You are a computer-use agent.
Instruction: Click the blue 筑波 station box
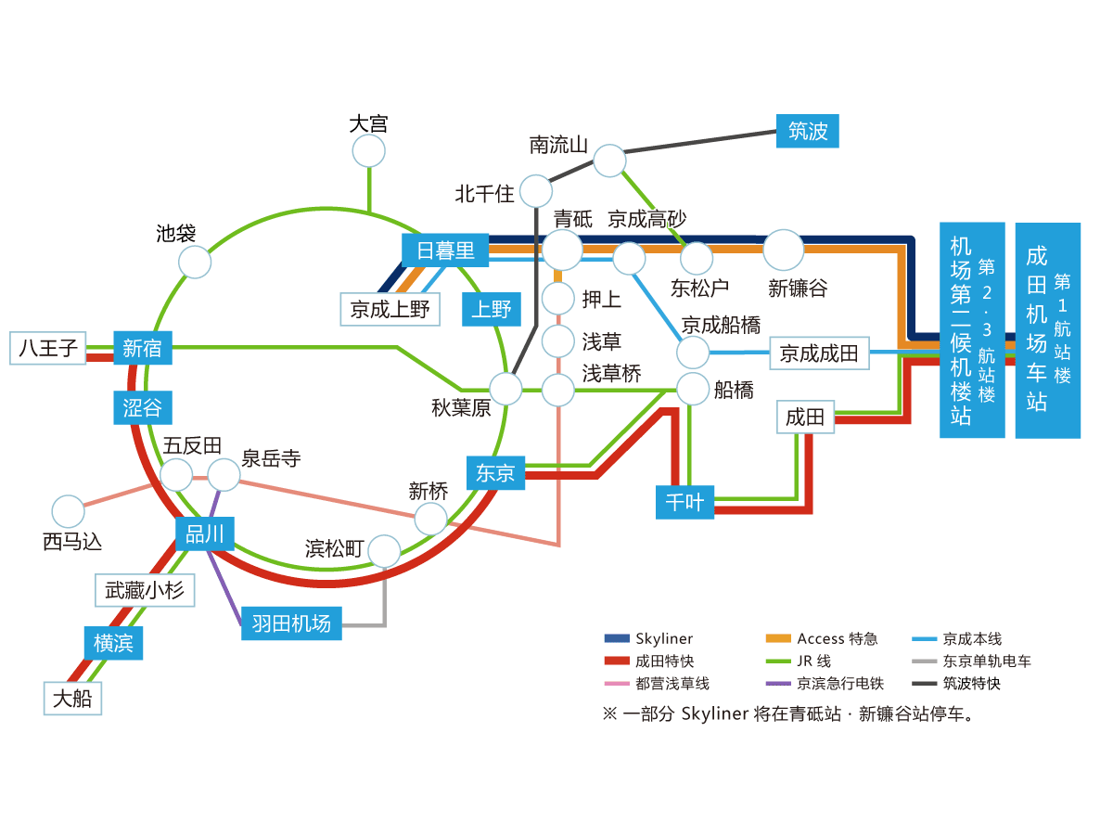807,131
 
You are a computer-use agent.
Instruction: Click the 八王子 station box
47,348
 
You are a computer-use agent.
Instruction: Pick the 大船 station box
72,698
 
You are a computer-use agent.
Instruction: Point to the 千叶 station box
684,503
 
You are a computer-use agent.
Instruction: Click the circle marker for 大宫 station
369,151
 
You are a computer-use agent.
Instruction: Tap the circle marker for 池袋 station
195,262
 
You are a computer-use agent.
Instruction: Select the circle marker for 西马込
68,511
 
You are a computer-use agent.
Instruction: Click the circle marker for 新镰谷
784,250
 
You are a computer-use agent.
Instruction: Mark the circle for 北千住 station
536,191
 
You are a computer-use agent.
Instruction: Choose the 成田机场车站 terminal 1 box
1048,329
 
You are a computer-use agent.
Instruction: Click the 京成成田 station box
819,353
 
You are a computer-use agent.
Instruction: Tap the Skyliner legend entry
648,638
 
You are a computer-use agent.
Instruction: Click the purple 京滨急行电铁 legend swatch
777,684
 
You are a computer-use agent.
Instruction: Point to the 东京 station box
495,472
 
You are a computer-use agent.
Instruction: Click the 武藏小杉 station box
145,590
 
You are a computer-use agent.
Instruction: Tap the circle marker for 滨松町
384,551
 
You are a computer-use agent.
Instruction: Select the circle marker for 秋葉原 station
506,389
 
